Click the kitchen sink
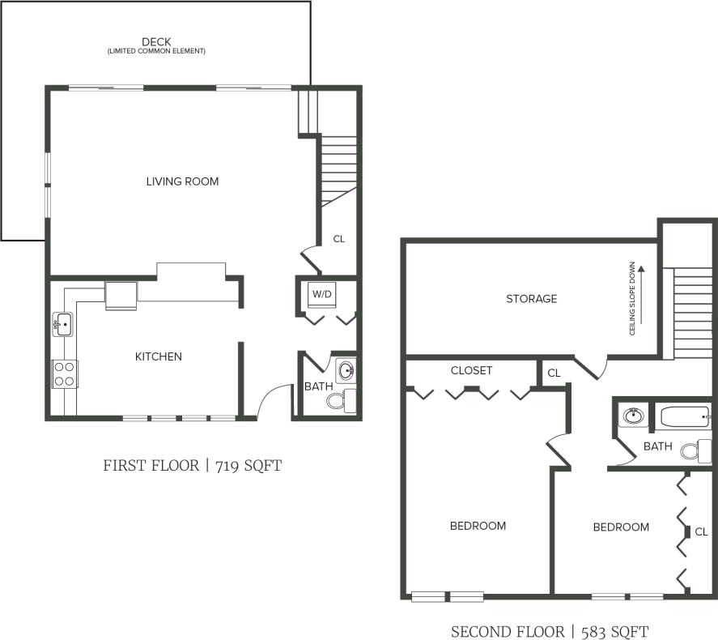pyautogui.click(x=64, y=325)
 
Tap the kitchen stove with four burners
pyautogui.click(x=65, y=373)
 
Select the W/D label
pyautogui.click(x=322, y=293)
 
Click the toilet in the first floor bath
pyautogui.click(x=341, y=400)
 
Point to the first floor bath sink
pyautogui.click(x=346, y=372)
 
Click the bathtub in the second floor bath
pyautogui.click(x=685, y=418)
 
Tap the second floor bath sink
pyautogui.click(x=631, y=418)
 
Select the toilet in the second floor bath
pyautogui.click(x=693, y=450)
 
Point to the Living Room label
pyautogui.click(x=182, y=181)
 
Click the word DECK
pyautogui.click(x=156, y=41)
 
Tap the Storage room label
pyautogui.click(x=531, y=299)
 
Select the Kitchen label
pyautogui.click(x=158, y=356)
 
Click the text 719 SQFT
pyautogui.click(x=248, y=466)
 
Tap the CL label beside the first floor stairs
pyautogui.click(x=338, y=239)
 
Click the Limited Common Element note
pyautogui.click(x=156, y=51)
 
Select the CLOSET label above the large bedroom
pyautogui.click(x=471, y=370)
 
